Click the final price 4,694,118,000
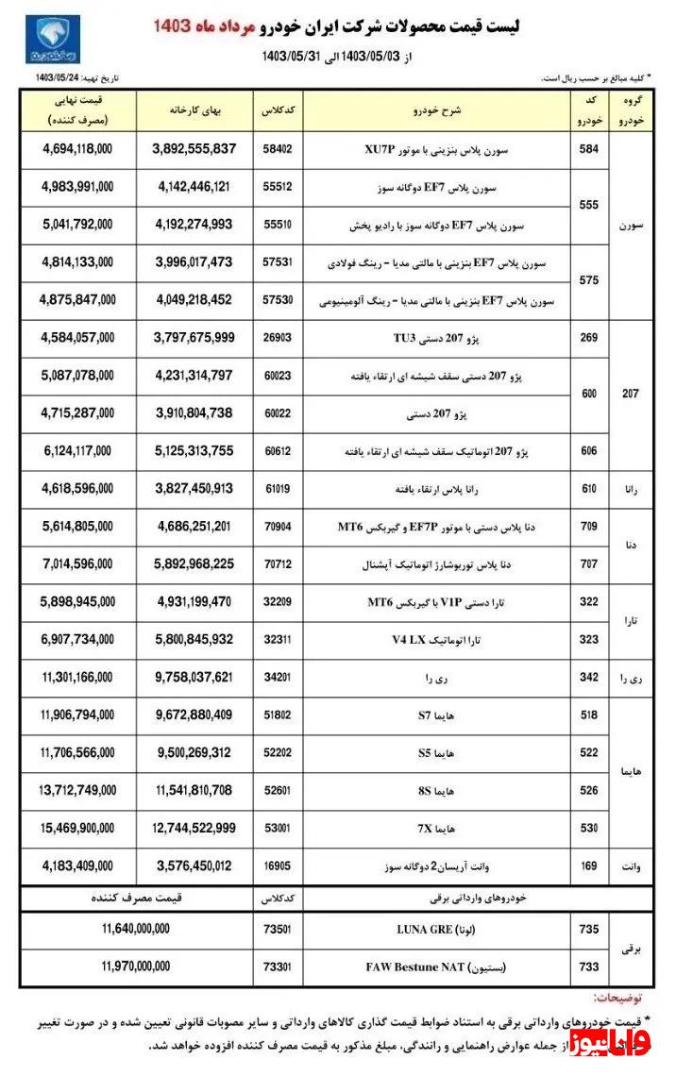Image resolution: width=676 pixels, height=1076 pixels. (x=77, y=149)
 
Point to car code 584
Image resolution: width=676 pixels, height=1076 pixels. (x=589, y=149)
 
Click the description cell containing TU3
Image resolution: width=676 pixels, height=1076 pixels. (x=438, y=336)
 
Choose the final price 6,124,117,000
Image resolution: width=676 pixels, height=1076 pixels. (x=77, y=451)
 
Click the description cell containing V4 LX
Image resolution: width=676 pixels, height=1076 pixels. (x=438, y=640)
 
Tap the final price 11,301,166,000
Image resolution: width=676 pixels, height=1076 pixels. (x=77, y=678)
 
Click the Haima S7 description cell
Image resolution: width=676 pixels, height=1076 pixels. (x=438, y=715)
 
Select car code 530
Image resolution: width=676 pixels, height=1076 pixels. (x=589, y=828)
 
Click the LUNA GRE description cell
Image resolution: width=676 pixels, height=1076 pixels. (x=438, y=930)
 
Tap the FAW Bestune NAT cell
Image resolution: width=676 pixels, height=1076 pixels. (x=438, y=967)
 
